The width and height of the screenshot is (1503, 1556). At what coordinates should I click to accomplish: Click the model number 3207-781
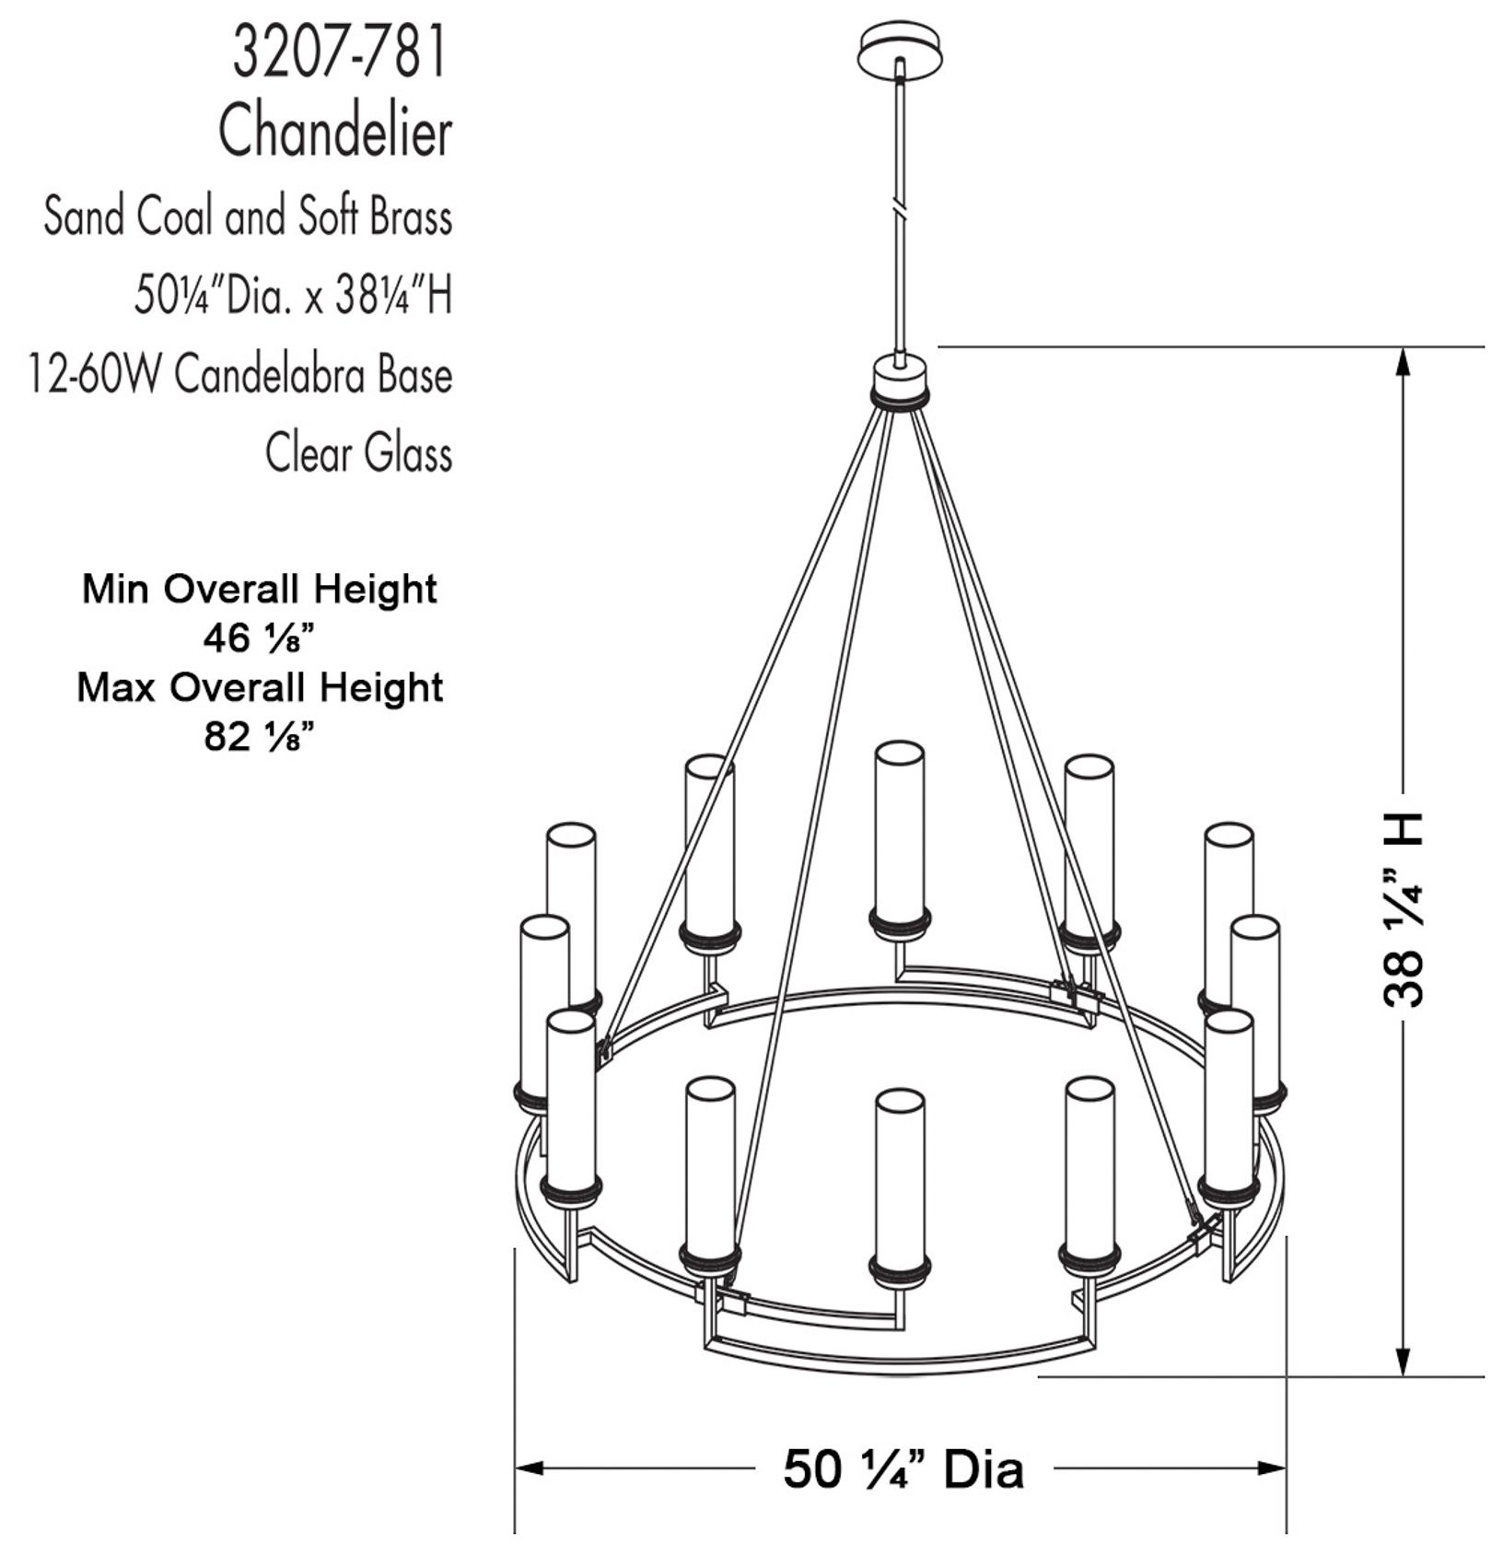coord(340,53)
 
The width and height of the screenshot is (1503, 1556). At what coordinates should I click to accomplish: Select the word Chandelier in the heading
coord(335,132)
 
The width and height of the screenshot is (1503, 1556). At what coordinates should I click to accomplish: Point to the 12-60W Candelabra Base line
coord(241,376)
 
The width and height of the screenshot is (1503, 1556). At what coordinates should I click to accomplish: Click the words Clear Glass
coord(359,454)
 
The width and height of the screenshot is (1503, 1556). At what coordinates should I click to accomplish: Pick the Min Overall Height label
coord(260,590)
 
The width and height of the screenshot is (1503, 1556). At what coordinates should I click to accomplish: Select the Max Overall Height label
coord(260,688)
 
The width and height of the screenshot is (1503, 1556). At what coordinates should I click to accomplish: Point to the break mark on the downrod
coord(900,208)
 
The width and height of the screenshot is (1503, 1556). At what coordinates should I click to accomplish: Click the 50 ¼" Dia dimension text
coord(903,1468)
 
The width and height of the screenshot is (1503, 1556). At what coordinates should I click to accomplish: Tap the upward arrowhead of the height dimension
coord(1403,360)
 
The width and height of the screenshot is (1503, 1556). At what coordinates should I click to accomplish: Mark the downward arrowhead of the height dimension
coord(1403,1363)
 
